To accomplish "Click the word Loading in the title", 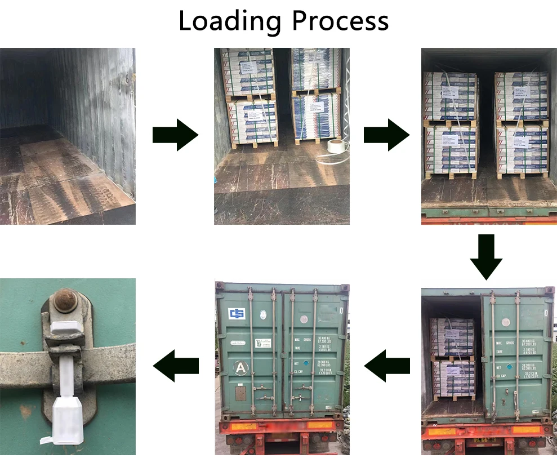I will point(230,21).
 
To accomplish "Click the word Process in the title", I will point(340,21).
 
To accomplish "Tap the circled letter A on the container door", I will point(241,368).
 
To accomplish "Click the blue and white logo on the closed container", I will point(237,313).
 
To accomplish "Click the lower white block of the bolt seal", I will point(68,420).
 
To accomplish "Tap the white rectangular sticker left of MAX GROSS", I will point(264,343).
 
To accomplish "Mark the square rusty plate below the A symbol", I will point(240,393).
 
